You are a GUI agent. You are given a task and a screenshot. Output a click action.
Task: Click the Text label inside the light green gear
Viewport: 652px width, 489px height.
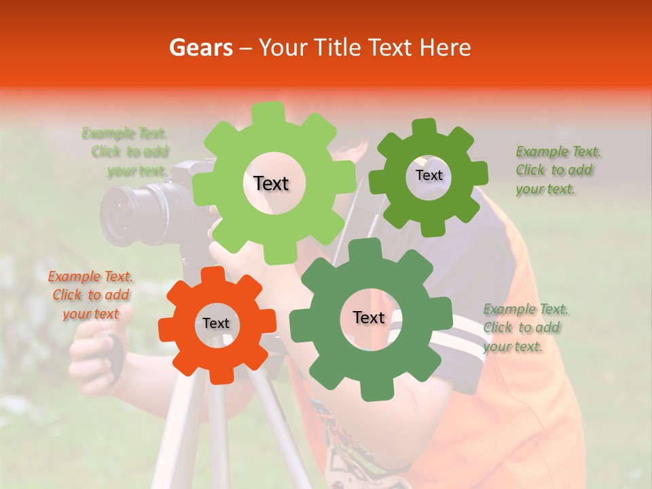271,183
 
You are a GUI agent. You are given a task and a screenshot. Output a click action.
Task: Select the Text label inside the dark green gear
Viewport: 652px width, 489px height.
429,175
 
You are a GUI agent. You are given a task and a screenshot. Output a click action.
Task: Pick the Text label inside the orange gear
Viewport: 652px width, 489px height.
216,323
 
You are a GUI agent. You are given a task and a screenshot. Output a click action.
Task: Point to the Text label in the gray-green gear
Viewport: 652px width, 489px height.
369,317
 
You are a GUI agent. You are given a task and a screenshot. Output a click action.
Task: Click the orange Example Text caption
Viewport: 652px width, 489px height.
91,295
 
